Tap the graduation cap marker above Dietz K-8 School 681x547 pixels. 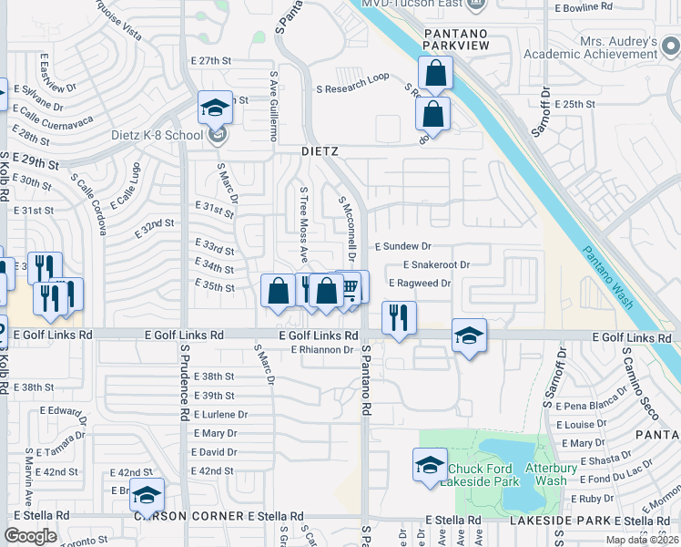pos(215,109)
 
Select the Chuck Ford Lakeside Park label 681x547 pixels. pos(483,475)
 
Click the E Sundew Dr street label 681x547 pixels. pos(402,246)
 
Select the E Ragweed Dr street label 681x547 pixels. pos(420,284)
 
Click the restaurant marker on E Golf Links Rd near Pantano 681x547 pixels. pos(398,317)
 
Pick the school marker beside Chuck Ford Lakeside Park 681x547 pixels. pos(430,465)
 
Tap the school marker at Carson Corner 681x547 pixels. pos(146,495)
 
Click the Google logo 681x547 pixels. pos(31,535)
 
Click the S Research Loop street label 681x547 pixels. pos(352,83)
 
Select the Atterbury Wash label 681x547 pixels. pos(552,475)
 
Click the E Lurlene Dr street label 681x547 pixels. pos(219,414)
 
